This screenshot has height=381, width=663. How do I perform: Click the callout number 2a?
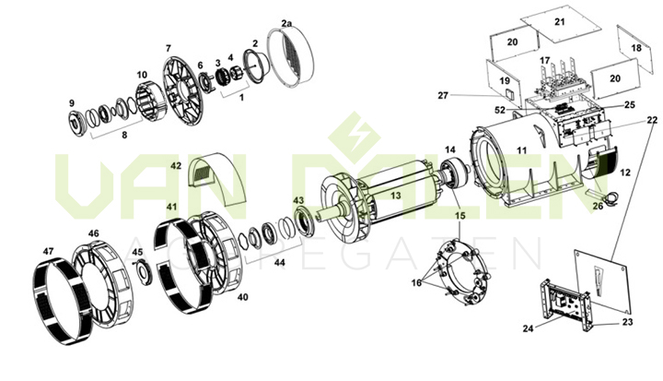click(286, 24)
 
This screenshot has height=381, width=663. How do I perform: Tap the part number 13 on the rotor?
click(395, 196)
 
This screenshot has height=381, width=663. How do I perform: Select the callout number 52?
click(500, 110)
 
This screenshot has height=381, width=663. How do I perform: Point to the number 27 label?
click(443, 95)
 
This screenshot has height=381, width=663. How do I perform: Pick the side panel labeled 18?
click(635, 49)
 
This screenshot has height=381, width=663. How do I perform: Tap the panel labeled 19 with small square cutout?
click(504, 81)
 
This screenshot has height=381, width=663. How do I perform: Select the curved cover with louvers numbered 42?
click(218, 178)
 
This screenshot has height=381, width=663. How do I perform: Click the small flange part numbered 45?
click(145, 271)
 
